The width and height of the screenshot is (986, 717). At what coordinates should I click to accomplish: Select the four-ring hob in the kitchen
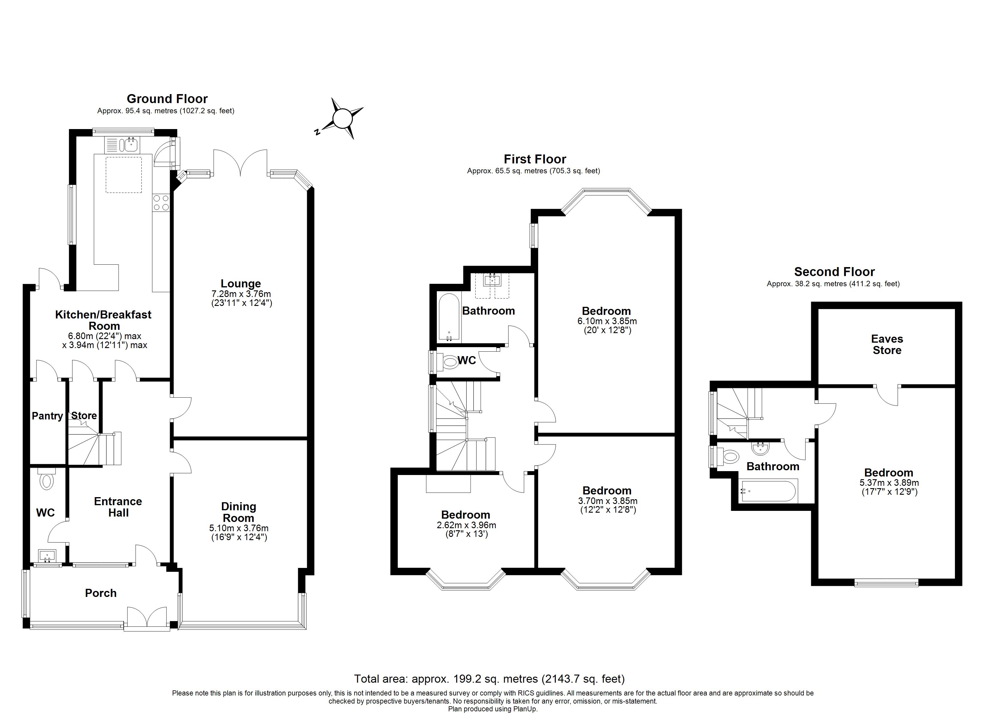tap(161, 203)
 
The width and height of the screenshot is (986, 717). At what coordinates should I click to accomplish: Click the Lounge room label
tap(241, 284)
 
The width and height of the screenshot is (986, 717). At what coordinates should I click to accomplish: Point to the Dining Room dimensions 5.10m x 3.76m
tap(239, 528)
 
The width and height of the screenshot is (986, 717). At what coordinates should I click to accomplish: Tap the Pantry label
tap(47, 416)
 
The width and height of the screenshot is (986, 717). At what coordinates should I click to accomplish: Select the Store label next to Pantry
tap(84, 416)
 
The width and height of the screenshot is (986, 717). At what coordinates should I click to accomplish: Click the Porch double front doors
tap(147, 618)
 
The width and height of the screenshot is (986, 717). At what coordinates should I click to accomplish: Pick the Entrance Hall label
tap(118, 507)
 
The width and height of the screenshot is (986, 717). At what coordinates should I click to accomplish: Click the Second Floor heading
tap(834, 272)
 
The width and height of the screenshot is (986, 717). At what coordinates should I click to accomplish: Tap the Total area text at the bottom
tap(489, 679)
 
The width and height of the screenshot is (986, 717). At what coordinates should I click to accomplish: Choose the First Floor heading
tap(535, 159)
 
